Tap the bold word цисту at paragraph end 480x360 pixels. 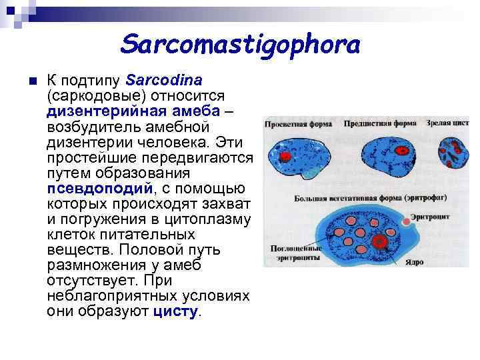click(x=175, y=311)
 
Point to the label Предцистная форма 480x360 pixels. click(x=380, y=124)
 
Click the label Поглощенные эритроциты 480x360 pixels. click(x=294, y=251)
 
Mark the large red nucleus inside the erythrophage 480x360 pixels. click(x=381, y=241)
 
